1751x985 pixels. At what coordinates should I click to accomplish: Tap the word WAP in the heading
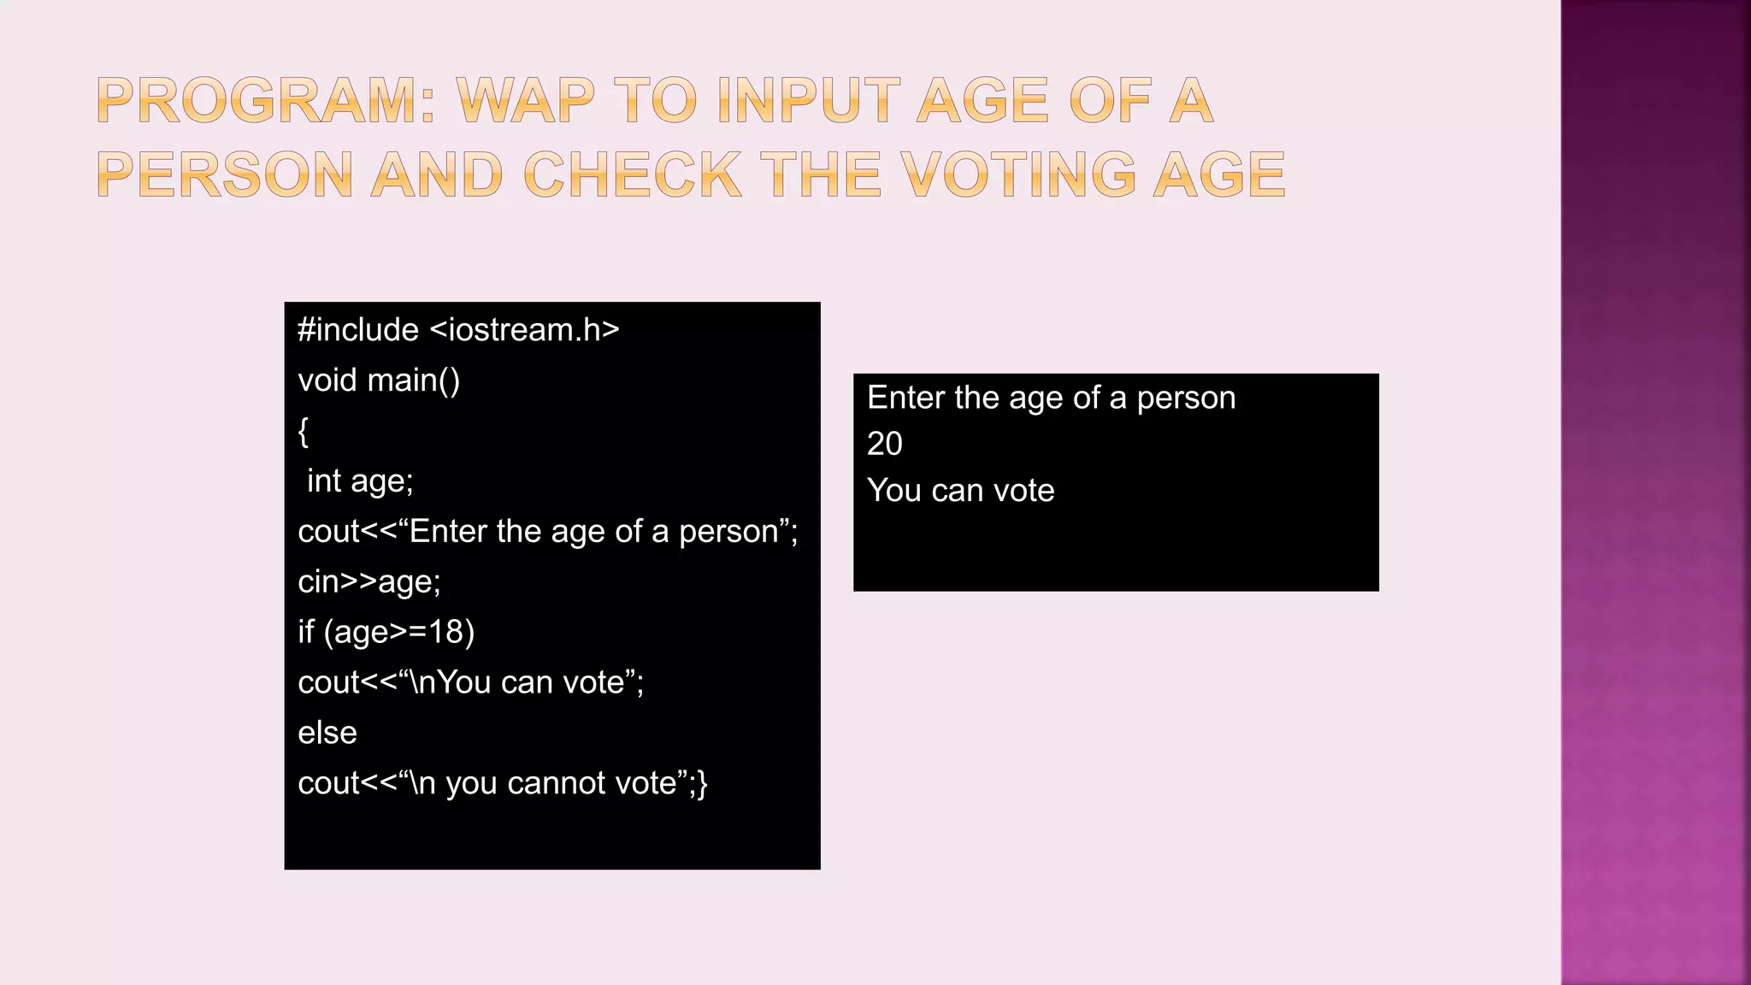525,101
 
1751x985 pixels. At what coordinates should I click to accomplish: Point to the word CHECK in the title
632,174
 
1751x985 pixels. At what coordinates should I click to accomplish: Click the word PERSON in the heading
225,174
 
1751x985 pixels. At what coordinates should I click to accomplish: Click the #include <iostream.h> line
458,330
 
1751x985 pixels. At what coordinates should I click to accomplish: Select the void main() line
379,380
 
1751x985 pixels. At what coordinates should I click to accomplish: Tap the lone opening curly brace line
304,431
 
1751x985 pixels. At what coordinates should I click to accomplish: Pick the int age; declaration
360,481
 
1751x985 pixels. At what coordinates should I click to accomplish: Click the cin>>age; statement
369,582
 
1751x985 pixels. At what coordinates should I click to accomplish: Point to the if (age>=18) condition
386,632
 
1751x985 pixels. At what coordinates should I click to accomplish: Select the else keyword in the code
327,733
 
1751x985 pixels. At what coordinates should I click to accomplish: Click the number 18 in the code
445,632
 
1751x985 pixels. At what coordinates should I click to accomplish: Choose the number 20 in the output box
885,444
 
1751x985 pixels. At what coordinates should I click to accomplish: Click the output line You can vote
960,491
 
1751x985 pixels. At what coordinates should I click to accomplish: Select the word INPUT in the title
808,101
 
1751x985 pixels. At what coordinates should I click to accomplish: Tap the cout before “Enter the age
328,532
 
